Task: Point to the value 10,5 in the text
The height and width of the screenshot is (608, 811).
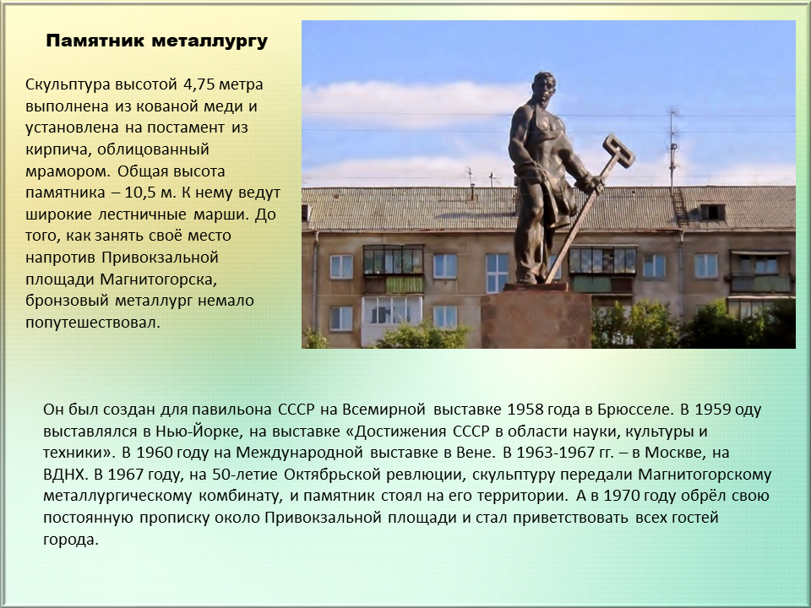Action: pos(140,193)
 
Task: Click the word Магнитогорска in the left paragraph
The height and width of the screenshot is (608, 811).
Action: pos(156,280)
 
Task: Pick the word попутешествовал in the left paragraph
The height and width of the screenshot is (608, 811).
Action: pos(92,323)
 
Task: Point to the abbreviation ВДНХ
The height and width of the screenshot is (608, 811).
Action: pos(66,475)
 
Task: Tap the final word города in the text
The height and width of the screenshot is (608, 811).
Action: pos(70,540)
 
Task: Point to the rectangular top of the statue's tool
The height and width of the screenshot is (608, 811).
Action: pos(618,150)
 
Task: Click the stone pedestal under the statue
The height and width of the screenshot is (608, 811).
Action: pos(536,318)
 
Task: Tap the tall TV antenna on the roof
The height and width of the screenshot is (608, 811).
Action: pos(673,150)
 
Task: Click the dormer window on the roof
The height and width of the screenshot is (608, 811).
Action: pos(712,212)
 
